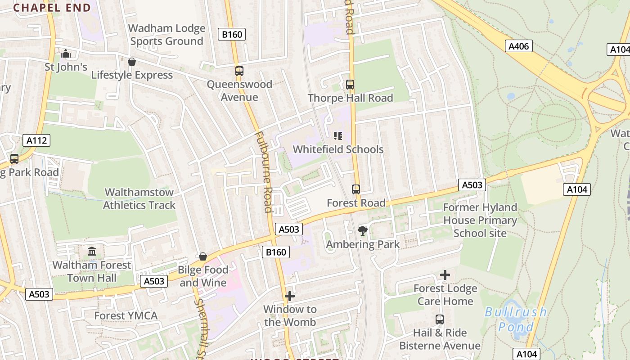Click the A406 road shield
(x=519, y=46)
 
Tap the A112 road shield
(x=36, y=140)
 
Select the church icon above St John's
(x=66, y=54)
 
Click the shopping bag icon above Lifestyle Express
(x=132, y=62)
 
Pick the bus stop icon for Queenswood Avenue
(x=239, y=71)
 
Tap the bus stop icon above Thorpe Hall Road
(x=350, y=84)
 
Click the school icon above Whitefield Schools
(x=338, y=136)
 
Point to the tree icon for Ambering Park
(x=362, y=231)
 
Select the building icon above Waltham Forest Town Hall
(x=92, y=251)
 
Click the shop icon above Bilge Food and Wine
(x=203, y=256)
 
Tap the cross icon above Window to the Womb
(x=290, y=296)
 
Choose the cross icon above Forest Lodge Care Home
(x=445, y=275)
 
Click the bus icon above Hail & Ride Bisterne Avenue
(x=440, y=319)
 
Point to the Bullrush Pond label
(x=516, y=319)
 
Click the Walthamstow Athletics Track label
(x=139, y=198)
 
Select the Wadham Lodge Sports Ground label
(x=166, y=35)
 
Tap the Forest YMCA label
(x=126, y=316)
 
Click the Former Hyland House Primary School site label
(x=480, y=220)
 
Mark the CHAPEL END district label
(x=52, y=7)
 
